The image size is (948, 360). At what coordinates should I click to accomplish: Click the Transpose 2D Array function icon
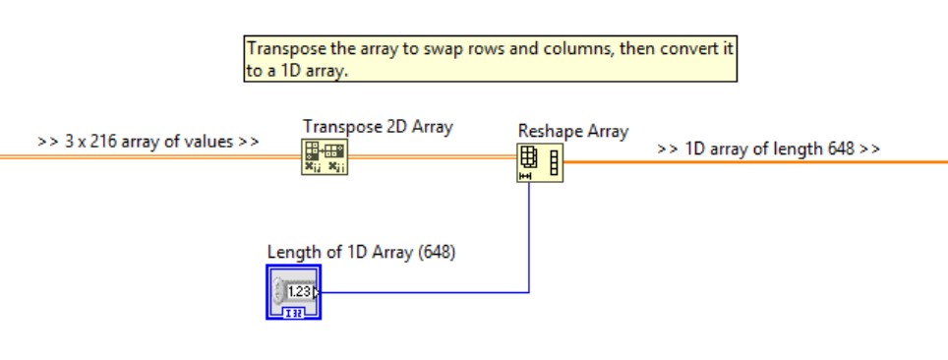pyautogui.click(x=325, y=157)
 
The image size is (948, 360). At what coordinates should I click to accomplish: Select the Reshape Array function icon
pyautogui.click(x=540, y=163)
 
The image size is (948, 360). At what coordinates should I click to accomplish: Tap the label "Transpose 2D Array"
pyautogui.click(x=378, y=127)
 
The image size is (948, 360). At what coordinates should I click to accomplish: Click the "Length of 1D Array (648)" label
pyautogui.click(x=361, y=252)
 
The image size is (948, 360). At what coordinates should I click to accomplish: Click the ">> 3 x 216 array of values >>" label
pyautogui.click(x=148, y=141)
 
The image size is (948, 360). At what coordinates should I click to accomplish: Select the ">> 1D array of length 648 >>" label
pyautogui.click(x=768, y=150)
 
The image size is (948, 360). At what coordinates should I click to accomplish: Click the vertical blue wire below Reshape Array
pyautogui.click(x=530, y=236)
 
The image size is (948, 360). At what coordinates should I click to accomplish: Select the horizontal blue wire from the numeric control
pyautogui.click(x=423, y=291)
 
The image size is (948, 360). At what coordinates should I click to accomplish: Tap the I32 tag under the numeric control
pyautogui.click(x=294, y=312)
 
